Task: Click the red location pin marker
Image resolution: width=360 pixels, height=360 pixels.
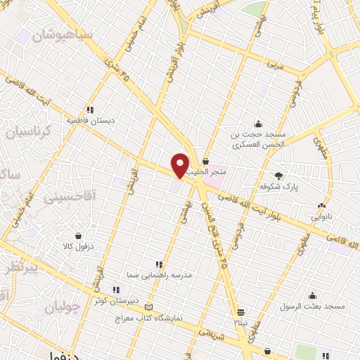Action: click(181, 165)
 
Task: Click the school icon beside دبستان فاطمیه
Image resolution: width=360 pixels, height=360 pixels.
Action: click(90, 109)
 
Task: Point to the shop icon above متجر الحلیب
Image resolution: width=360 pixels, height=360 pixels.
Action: click(205, 162)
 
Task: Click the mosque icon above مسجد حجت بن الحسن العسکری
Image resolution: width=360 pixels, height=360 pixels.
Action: click(258, 124)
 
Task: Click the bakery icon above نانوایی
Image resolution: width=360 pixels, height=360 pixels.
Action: click(321, 206)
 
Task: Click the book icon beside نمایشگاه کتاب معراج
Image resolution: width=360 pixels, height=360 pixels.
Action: click(147, 307)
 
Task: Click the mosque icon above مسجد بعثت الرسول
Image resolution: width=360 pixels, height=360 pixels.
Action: click(311, 295)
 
